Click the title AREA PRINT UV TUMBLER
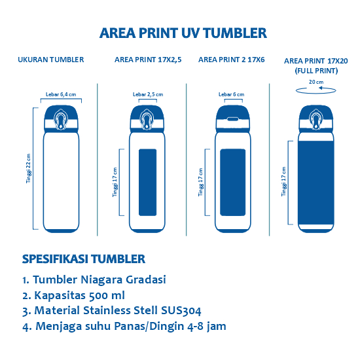[x=183, y=33]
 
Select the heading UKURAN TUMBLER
[x=50, y=60]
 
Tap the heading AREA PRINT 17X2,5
[x=148, y=60]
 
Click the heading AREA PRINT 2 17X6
[x=231, y=60]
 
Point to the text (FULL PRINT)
[x=316, y=69]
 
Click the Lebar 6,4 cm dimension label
[x=61, y=94]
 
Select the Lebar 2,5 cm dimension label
[x=147, y=94]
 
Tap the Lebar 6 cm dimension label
[x=232, y=94]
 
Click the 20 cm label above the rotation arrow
[x=315, y=82]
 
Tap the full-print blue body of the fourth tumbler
[x=316, y=180]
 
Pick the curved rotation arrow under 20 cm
[x=315, y=92]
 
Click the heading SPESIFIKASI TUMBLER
[x=83, y=259]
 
